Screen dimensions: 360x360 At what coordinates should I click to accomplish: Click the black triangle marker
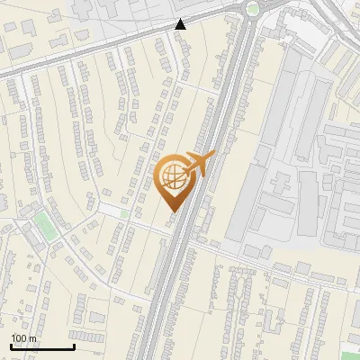tap(182, 24)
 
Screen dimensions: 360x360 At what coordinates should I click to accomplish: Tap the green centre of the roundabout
tap(253, 9)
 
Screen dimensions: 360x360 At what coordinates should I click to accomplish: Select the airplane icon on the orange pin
tap(197, 164)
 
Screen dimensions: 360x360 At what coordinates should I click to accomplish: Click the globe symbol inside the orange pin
tap(173, 177)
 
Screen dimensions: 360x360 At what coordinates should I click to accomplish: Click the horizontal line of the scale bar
tap(42, 346)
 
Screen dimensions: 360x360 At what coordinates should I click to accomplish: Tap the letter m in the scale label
tap(33, 338)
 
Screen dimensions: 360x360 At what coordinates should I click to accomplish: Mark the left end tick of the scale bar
tap(11, 346)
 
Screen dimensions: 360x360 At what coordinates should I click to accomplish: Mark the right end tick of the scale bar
tap(74, 346)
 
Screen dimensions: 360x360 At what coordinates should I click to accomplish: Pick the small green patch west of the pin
tap(125, 213)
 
